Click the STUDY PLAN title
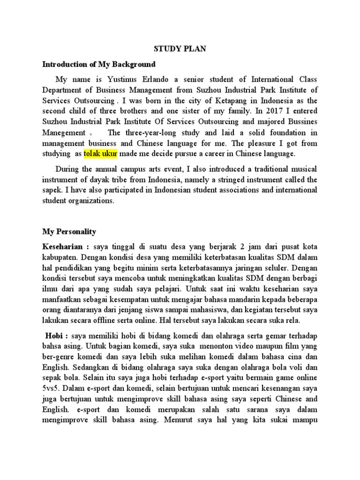point(180,49)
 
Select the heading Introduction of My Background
point(99,64)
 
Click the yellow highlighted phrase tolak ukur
point(100,154)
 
